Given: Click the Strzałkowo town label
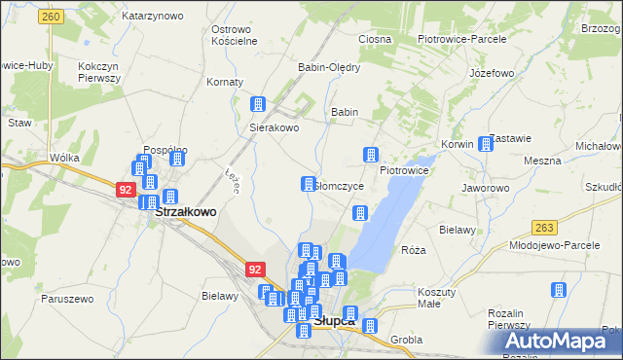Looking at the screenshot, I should (186, 210).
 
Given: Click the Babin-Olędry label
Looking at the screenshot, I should (329, 67).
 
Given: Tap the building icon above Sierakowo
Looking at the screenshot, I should (259, 105).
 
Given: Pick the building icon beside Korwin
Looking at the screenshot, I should (487, 144).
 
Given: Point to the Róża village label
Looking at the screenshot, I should (414, 250).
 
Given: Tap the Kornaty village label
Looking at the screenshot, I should (225, 82).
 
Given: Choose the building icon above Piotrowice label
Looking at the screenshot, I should (371, 154).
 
